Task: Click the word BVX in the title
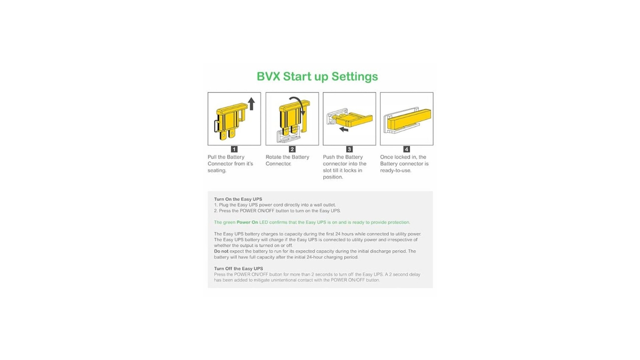tap(268, 76)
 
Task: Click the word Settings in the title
tap(355, 77)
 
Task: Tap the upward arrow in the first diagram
tap(251, 104)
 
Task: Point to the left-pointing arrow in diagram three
tap(344, 129)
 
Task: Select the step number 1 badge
tap(234, 149)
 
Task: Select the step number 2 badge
tap(292, 149)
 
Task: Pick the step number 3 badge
tap(349, 149)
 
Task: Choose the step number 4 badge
tap(407, 149)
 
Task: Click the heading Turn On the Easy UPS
tap(238, 199)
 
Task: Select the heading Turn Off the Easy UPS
tap(238, 269)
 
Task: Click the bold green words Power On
tap(247, 222)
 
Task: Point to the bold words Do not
tap(221, 251)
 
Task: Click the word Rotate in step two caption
tap(274, 157)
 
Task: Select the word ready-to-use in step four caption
tap(395, 171)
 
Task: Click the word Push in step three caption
tap(329, 157)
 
